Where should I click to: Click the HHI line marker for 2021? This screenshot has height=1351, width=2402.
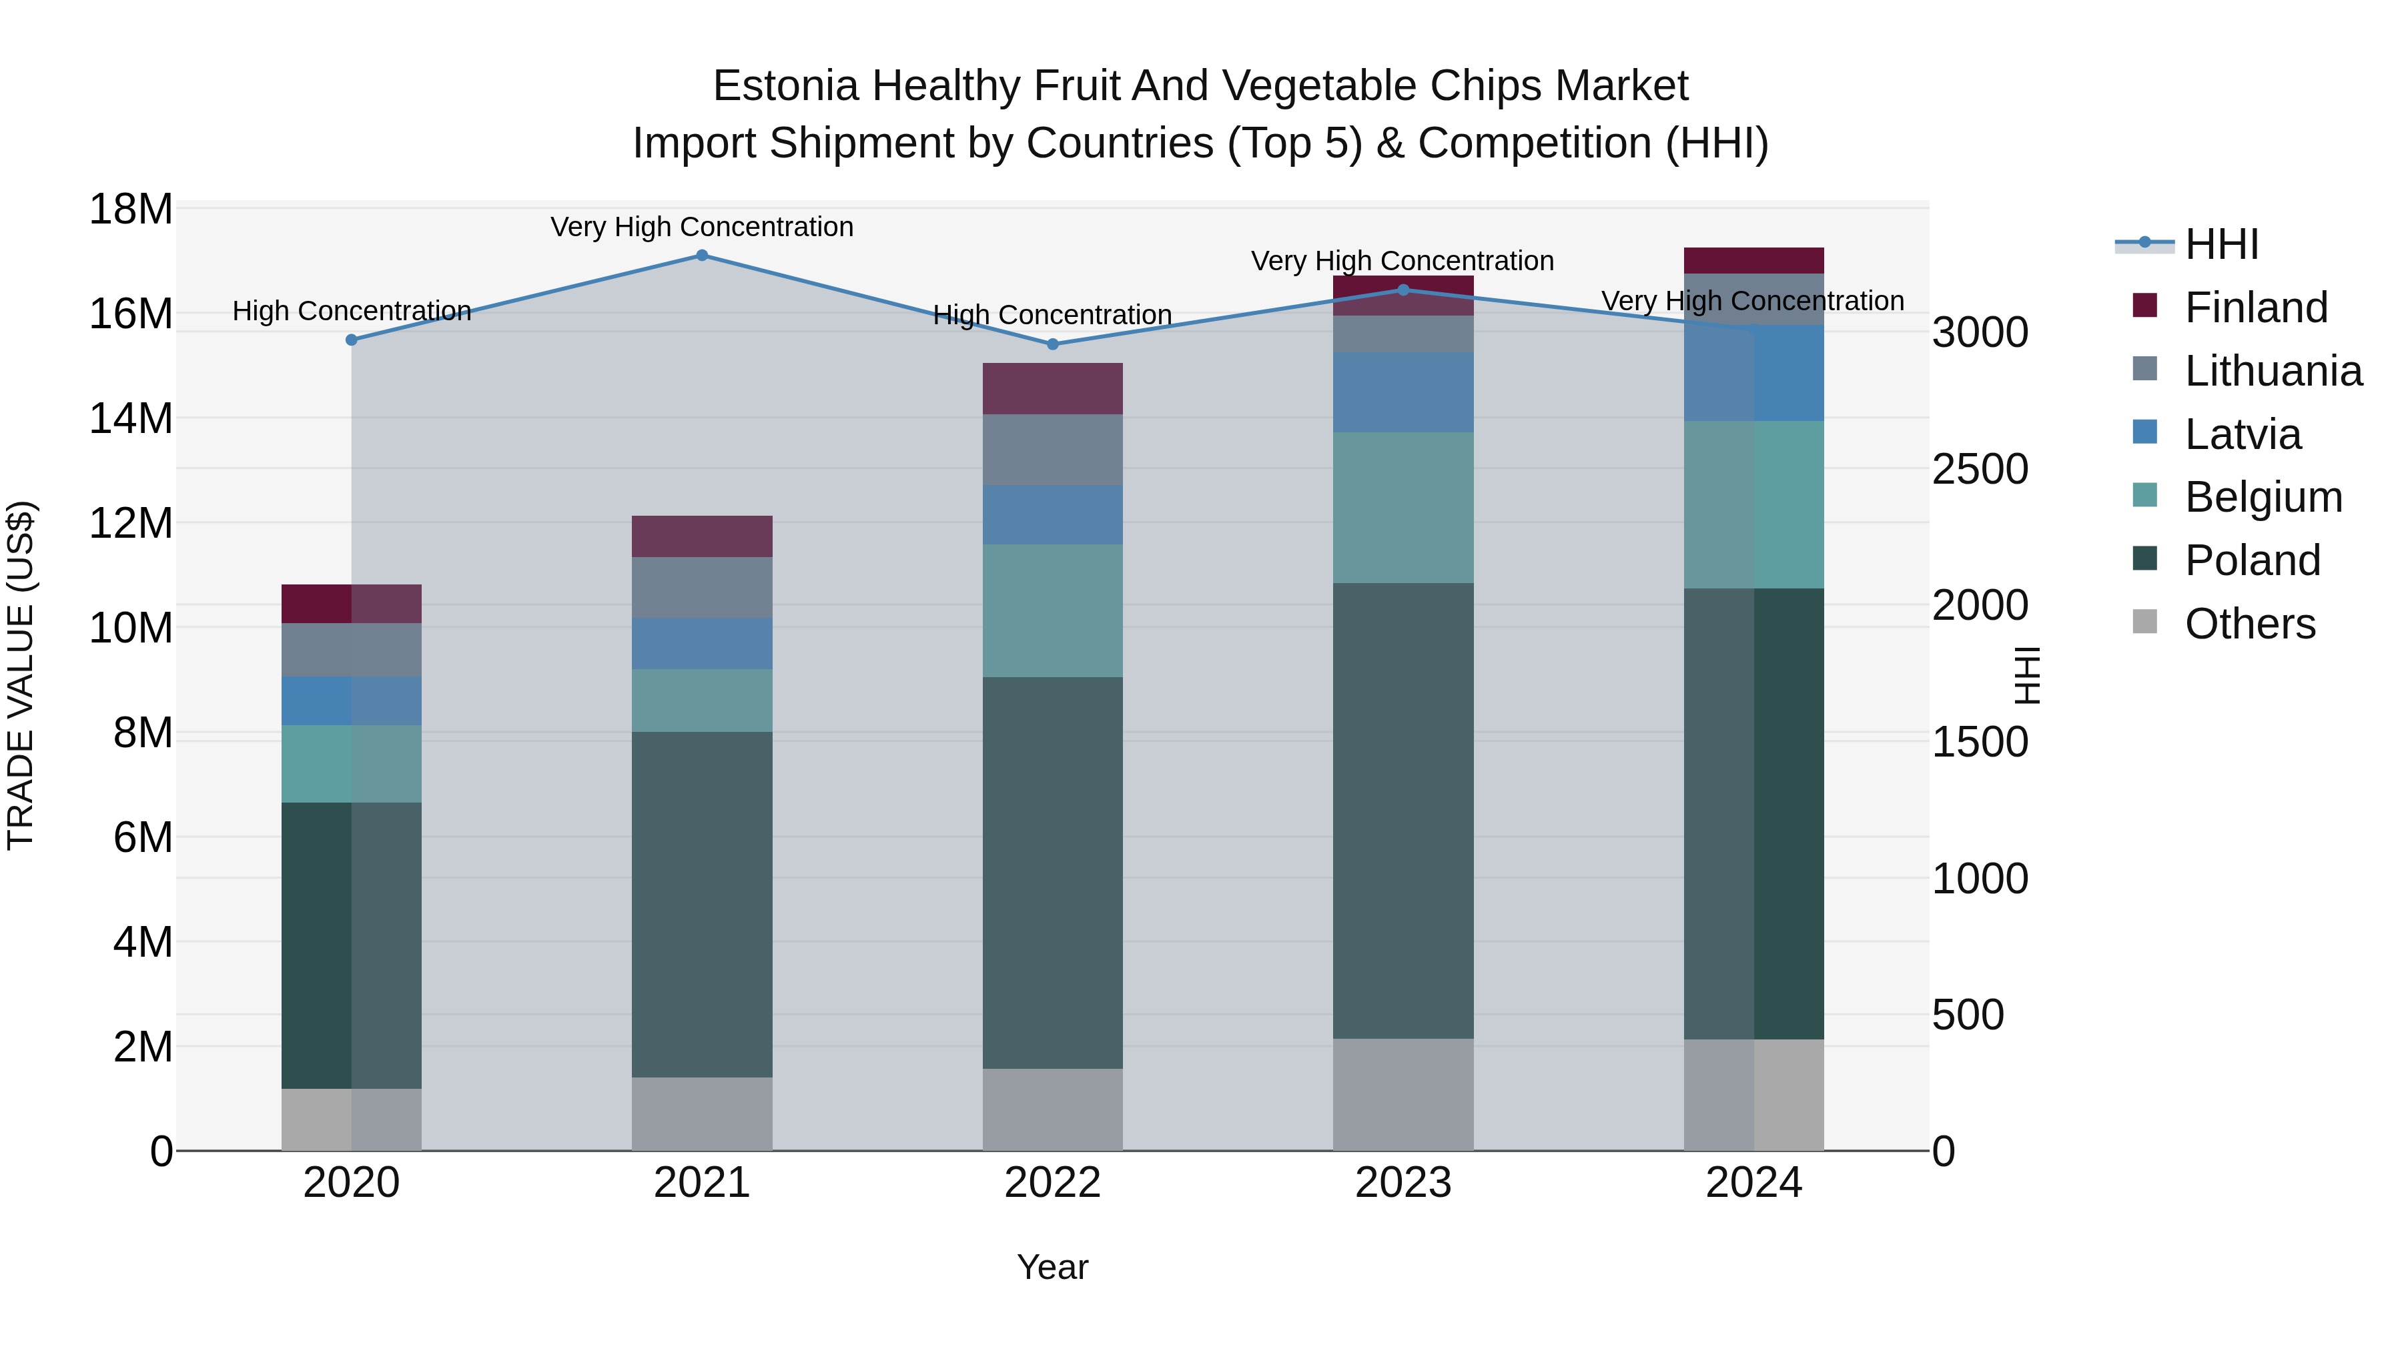point(702,256)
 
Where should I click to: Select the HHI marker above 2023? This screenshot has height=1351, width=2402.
point(1403,290)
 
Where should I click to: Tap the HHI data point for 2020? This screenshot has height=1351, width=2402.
point(352,340)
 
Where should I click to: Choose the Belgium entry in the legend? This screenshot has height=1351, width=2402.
point(2263,497)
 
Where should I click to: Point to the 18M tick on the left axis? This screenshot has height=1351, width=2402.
point(131,209)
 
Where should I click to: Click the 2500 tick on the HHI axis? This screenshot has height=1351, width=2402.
point(1980,469)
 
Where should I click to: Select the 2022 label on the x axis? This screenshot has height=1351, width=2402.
point(1053,1183)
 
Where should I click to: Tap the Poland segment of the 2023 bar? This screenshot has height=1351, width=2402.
point(1403,811)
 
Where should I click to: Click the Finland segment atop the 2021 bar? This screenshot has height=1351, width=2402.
point(702,536)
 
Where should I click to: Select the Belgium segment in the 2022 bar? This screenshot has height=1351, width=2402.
point(1053,610)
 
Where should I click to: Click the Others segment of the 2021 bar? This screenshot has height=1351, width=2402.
point(702,1113)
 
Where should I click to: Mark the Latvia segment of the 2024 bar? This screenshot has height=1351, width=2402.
point(1754,373)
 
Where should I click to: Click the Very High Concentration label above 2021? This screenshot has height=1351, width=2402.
point(702,227)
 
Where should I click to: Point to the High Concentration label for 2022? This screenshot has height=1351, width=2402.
point(1053,315)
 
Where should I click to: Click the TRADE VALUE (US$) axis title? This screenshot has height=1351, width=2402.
point(21,675)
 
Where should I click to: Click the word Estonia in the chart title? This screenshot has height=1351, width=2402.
point(785,86)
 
